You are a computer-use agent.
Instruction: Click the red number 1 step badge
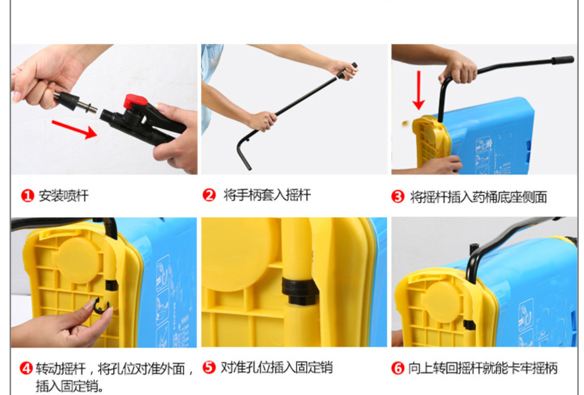coord(28,196)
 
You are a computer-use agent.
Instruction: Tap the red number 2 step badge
coord(209,195)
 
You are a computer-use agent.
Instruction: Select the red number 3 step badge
coord(398,197)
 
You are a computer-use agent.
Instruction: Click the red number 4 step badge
coord(26,368)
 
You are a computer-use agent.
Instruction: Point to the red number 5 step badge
coord(209,367)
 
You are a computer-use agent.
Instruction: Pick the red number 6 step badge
coord(398,368)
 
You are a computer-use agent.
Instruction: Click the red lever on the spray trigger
coord(134,101)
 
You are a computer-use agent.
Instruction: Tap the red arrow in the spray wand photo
coord(74,129)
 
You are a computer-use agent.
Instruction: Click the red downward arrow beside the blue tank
coord(419,90)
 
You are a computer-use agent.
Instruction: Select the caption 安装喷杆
coord(63,196)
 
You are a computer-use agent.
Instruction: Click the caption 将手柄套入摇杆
coord(267,195)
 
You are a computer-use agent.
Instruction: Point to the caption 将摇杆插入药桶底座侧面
coord(478,197)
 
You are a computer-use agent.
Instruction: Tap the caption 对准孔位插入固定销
coord(277,367)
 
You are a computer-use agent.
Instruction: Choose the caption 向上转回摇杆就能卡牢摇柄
coord(483,368)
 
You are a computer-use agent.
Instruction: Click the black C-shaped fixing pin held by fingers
coord(101,306)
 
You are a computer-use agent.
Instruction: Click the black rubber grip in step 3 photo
coord(562,60)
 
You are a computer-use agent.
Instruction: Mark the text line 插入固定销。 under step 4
coord(70,386)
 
